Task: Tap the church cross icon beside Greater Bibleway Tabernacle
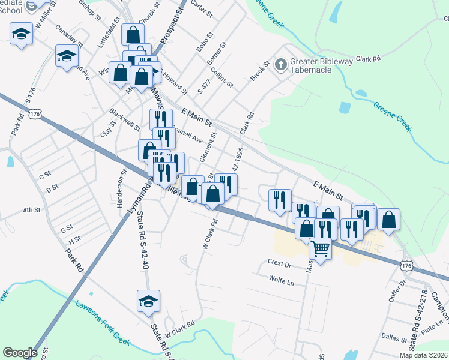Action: pyautogui.click(x=280, y=64)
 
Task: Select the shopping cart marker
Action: pyautogui.click(x=321, y=248)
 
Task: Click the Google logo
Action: pyautogui.click(x=20, y=353)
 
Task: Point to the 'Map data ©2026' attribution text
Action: pyautogui.click(x=423, y=355)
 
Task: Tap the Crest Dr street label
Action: pyautogui.click(x=280, y=264)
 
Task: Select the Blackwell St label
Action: pyautogui.click(x=124, y=120)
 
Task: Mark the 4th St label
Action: pyautogui.click(x=31, y=211)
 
